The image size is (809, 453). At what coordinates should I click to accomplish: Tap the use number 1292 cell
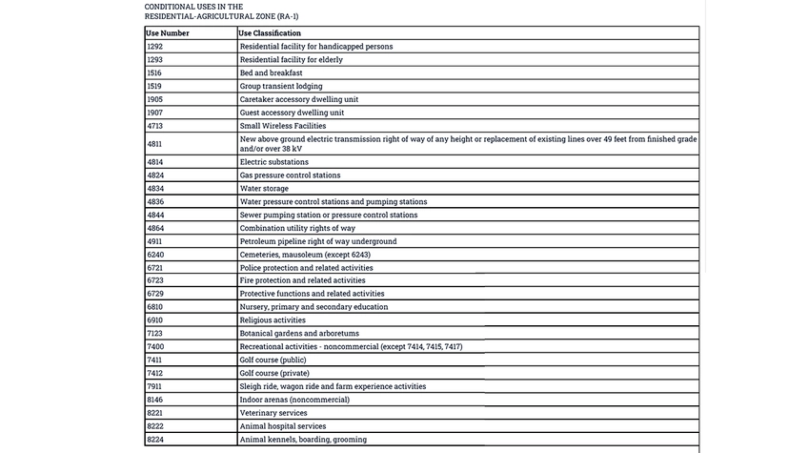coord(155,47)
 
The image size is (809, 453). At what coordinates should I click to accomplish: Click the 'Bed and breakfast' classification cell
coord(271,72)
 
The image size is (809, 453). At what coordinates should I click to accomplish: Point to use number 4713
coord(155,126)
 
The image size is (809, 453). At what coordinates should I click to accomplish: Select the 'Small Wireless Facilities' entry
coord(282,126)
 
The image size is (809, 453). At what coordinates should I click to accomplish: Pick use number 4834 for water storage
coord(155,189)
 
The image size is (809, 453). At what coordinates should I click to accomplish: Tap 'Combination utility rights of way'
coord(297,228)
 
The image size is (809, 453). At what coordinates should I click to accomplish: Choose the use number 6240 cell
coord(155,255)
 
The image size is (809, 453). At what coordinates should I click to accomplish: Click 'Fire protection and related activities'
coord(302,280)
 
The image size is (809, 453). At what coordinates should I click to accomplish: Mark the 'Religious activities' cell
coord(273,320)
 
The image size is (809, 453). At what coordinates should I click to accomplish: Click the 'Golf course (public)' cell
coord(273,360)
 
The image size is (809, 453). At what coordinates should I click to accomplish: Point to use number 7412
coord(155,373)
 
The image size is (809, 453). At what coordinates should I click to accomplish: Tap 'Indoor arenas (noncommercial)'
coord(294,400)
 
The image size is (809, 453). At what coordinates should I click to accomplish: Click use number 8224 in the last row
coord(155,440)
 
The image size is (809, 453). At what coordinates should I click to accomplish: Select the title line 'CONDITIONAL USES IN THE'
coord(193,6)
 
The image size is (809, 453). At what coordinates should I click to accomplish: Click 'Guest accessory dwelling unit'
coord(292,113)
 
